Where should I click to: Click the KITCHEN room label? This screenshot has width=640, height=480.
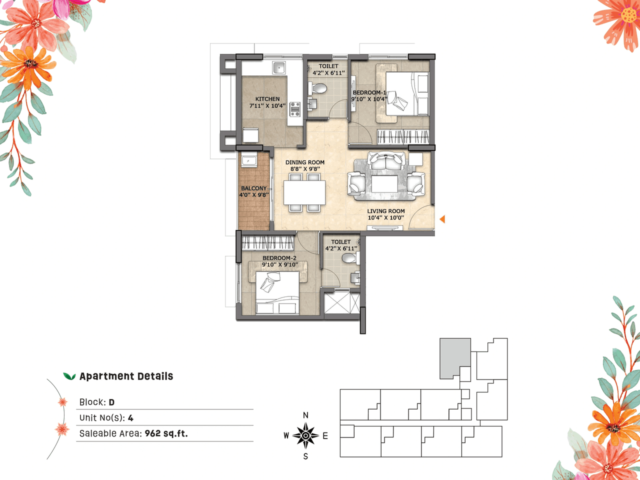coord(267,99)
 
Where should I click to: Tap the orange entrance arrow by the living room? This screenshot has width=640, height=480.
coord(442,219)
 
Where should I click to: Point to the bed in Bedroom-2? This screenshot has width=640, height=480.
coord(277,294)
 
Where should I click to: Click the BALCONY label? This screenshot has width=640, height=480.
coord(254,188)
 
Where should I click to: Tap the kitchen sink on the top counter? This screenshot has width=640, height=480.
coord(278,68)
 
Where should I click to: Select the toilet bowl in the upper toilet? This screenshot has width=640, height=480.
coord(318,89)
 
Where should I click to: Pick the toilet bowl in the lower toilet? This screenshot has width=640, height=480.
coord(348,258)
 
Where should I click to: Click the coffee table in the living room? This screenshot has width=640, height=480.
coord(384,183)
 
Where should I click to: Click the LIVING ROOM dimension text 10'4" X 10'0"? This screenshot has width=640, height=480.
coord(385,217)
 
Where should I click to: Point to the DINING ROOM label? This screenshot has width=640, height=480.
coord(305,162)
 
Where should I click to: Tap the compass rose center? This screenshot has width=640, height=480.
coord(305,435)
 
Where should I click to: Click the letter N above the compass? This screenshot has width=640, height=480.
coord(305,415)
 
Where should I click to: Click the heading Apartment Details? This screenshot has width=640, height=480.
coord(126,376)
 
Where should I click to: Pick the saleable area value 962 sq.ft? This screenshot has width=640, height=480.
coord(166,433)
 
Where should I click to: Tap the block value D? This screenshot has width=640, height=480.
coord(111,402)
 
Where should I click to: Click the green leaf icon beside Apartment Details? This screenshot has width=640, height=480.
coord(69,376)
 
